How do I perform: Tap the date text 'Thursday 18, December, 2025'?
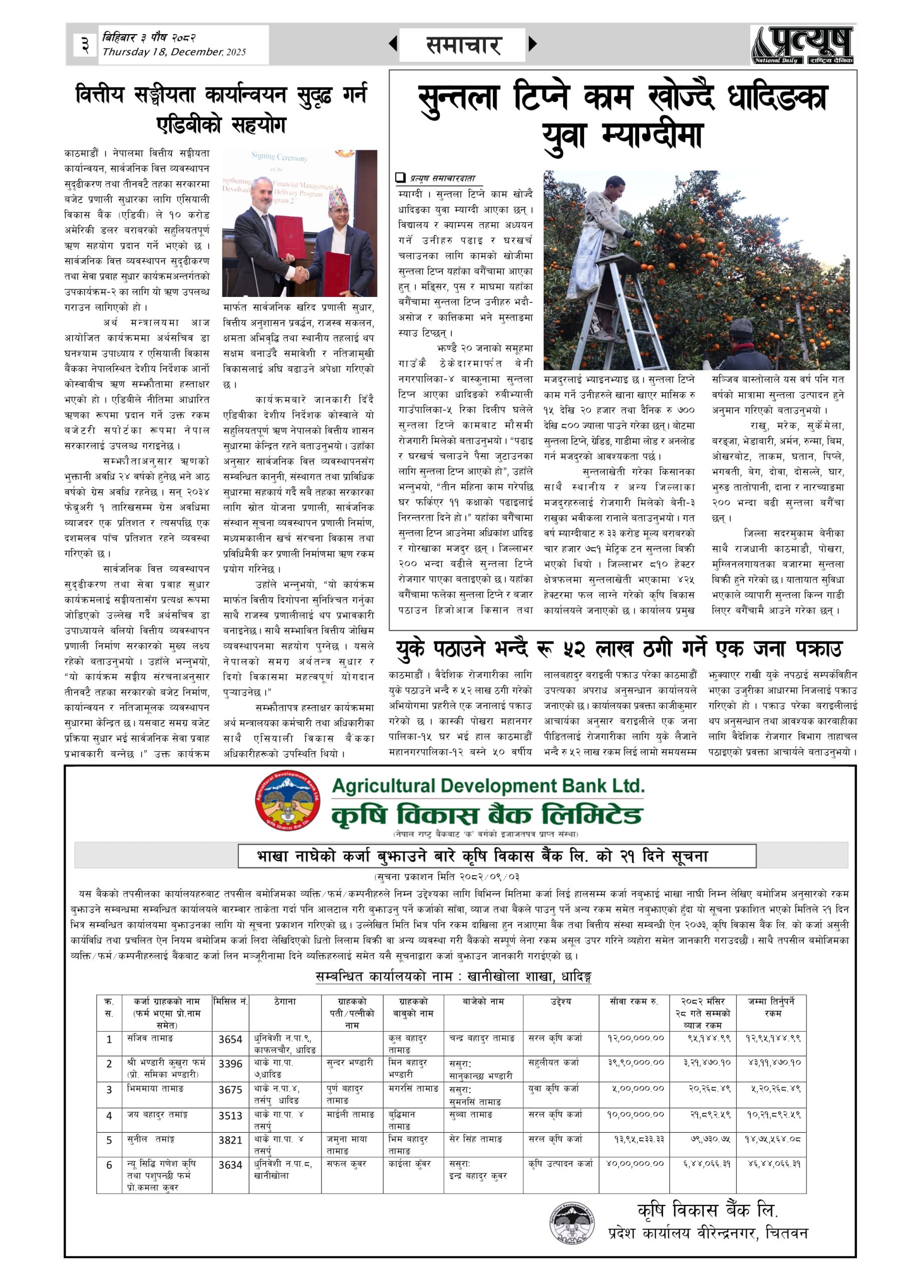coord(174,53)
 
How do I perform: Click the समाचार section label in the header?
coord(463,45)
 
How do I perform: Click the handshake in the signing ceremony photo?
coord(300,274)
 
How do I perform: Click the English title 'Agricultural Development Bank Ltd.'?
coord(488,786)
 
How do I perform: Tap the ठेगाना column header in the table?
coord(285,1002)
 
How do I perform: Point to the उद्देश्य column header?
coord(561,1002)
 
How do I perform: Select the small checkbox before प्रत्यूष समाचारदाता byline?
coord(400,178)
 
